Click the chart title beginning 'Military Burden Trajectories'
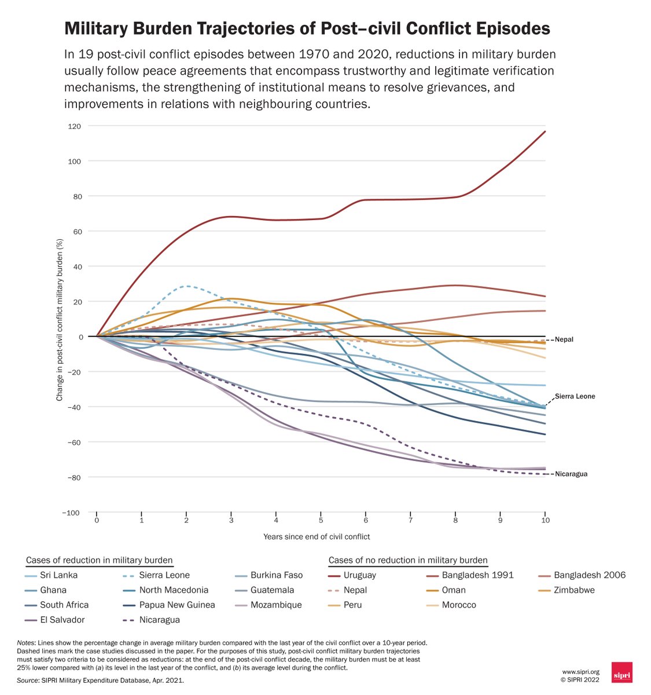307,29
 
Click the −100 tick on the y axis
72,513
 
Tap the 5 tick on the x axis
321,520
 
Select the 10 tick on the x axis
545,520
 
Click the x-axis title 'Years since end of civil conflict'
317,536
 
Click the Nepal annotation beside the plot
564,339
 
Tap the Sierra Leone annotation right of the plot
575,397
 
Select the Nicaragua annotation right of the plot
571,474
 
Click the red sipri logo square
621,672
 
